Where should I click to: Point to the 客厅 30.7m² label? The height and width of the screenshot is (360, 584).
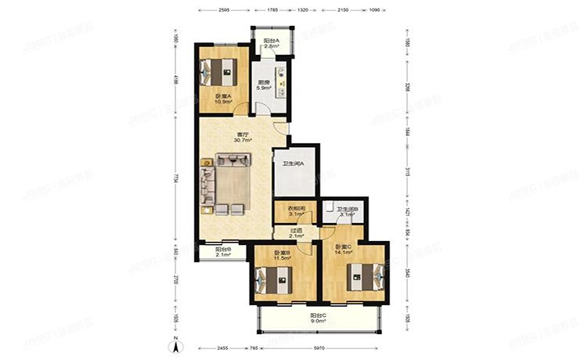243,136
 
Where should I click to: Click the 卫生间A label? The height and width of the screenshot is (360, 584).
294,163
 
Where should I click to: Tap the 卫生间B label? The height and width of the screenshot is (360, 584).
346,211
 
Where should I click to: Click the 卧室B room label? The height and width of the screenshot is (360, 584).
283,254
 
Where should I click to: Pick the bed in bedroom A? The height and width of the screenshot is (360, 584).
220,73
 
